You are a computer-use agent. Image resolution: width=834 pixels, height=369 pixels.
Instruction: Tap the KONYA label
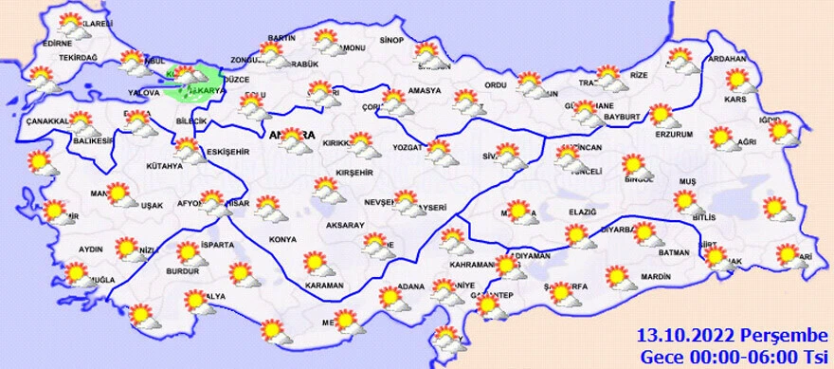(281, 239)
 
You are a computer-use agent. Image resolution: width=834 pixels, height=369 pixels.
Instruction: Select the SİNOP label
(390, 40)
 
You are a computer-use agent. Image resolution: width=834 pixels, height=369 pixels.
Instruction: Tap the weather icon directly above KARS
(737, 80)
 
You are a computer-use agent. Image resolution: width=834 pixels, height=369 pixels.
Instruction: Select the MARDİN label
(655, 278)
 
